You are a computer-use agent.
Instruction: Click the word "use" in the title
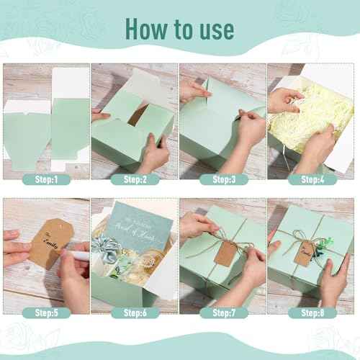click(x=214, y=28)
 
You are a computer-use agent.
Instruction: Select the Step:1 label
click(x=46, y=179)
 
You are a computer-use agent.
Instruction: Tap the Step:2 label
click(x=135, y=179)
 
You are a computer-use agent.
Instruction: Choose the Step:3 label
click(x=223, y=179)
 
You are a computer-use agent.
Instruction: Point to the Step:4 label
click(x=312, y=179)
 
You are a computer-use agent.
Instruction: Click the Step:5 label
click(x=46, y=312)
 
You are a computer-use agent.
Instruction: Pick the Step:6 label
click(x=135, y=312)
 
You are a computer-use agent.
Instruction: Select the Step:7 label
click(x=223, y=312)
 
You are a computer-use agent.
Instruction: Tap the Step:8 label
click(x=312, y=312)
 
